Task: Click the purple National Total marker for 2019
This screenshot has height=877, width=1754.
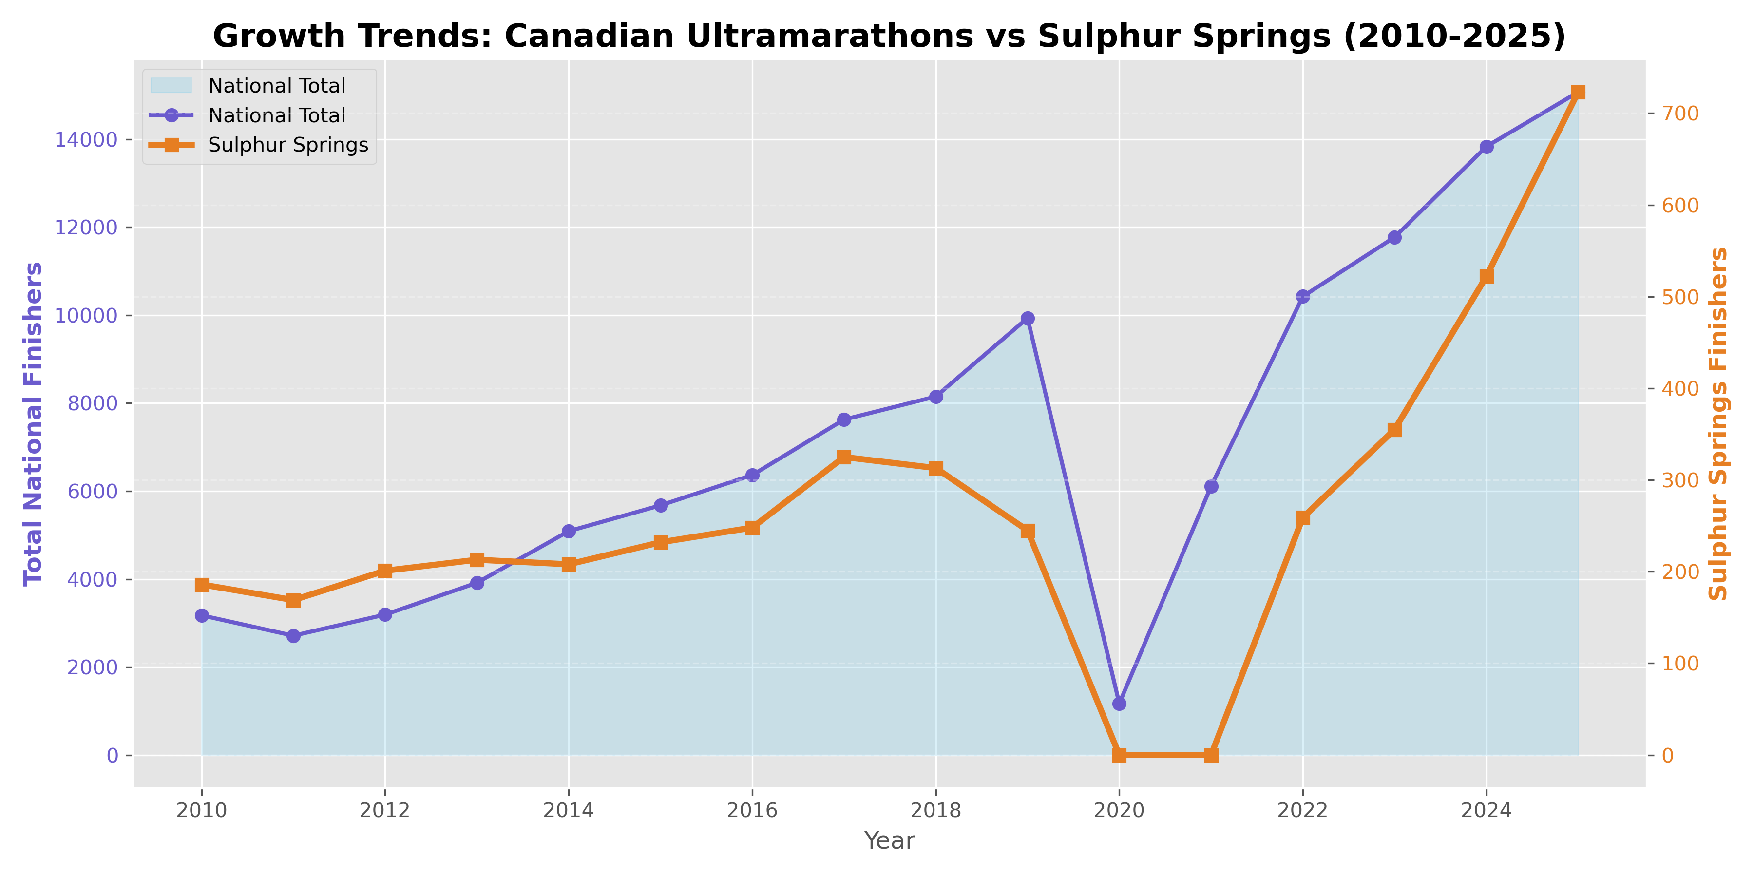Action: coord(1028,319)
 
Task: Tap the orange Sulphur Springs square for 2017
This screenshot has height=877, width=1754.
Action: coord(844,457)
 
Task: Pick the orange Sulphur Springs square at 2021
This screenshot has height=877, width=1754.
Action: coord(1211,755)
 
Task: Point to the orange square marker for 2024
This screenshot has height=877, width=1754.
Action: coord(1487,276)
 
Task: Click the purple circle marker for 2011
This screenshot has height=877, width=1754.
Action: coord(293,636)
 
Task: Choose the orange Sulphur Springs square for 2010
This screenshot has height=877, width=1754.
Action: coord(202,585)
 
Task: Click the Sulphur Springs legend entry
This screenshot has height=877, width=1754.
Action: coord(287,145)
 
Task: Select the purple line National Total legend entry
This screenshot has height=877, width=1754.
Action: coord(276,116)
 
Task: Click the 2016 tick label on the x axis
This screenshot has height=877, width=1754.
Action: coord(752,810)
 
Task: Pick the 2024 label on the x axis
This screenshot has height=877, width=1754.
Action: coord(1487,810)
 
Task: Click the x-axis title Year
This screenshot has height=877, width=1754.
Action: coord(889,841)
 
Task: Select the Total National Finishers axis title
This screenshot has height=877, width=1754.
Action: coord(33,423)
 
